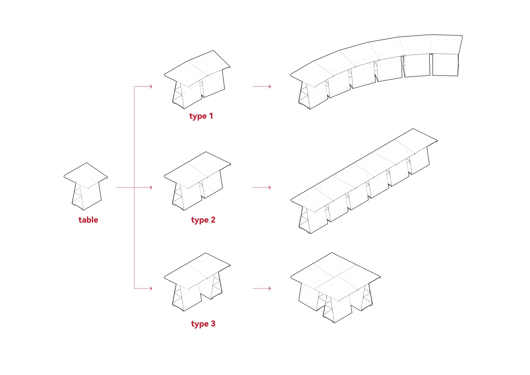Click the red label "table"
pyautogui.click(x=88, y=220)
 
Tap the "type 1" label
pyautogui.click(x=201, y=116)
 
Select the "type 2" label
pyautogui.click(x=203, y=220)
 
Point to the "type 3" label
pyautogui.click(x=203, y=324)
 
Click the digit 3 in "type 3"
pyautogui.click(x=213, y=324)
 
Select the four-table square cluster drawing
pyautogui.click(x=335, y=286)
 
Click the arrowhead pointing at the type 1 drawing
pyautogui.click(x=151, y=86)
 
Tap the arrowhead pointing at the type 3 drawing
pyautogui.click(x=151, y=288)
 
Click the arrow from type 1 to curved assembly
pyautogui.click(x=262, y=86)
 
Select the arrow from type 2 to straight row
pyautogui.click(x=262, y=187)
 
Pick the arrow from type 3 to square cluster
pyautogui.click(x=262, y=288)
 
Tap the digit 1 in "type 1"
pyautogui.click(x=211, y=116)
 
